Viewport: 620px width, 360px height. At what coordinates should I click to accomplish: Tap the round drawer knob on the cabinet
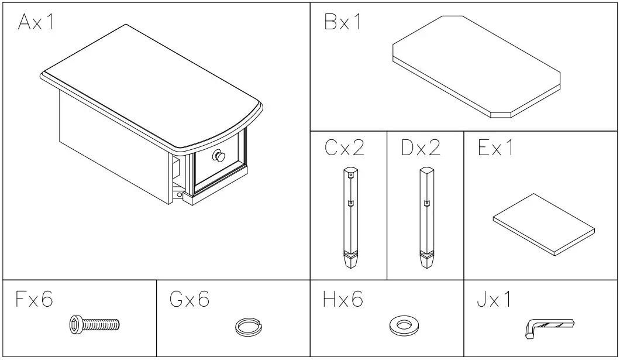pyautogui.click(x=219, y=156)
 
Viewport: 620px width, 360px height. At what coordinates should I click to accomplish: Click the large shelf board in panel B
pyautogui.click(x=476, y=66)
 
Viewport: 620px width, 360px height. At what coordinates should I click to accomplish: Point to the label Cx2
pyautogui.click(x=345, y=148)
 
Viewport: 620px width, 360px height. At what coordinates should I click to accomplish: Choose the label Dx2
pyautogui.click(x=421, y=148)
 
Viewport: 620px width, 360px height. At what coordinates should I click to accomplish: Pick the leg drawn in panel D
pyautogui.click(x=426, y=217)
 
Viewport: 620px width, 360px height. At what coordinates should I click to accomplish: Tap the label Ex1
pyautogui.click(x=496, y=148)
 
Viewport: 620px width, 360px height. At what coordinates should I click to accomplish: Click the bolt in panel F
pyautogui.click(x=94, y=324)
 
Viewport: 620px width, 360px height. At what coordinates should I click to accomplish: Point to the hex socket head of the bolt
pyautogui.click(x=75, y=324)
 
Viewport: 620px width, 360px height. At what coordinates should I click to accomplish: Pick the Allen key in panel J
pyautogui.click(x=546, y=327)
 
